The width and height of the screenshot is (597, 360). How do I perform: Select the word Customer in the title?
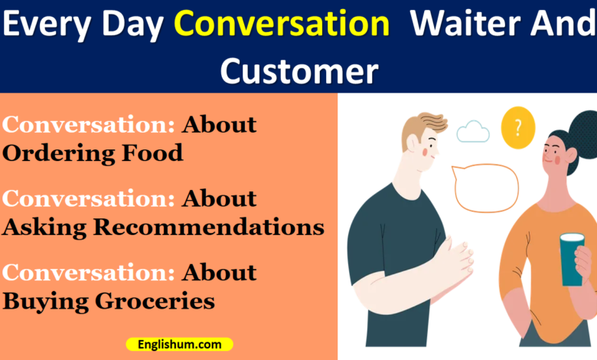coord(298,70)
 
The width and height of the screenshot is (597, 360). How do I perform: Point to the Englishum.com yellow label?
coord(180,345)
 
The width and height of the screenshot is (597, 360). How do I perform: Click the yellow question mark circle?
coord(517,128)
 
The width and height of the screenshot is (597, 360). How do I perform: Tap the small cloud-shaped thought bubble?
coord(473,132)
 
